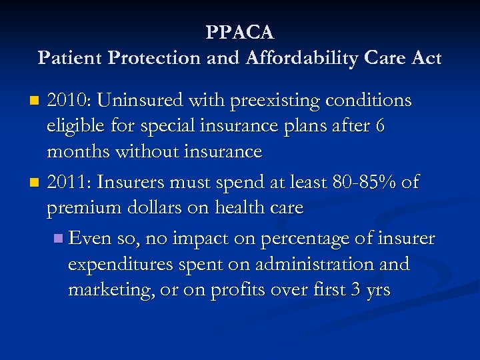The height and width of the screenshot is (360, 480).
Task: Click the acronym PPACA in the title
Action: click(240, 32)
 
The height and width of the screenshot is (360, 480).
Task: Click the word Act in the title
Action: click(426, 59)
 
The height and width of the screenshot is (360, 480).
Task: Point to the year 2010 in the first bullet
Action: click(69, 101)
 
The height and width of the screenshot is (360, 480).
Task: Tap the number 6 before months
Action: click(380, 127)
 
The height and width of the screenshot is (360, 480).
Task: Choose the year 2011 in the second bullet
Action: click(69, 183)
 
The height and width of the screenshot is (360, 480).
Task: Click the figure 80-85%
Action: click(366, 183)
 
